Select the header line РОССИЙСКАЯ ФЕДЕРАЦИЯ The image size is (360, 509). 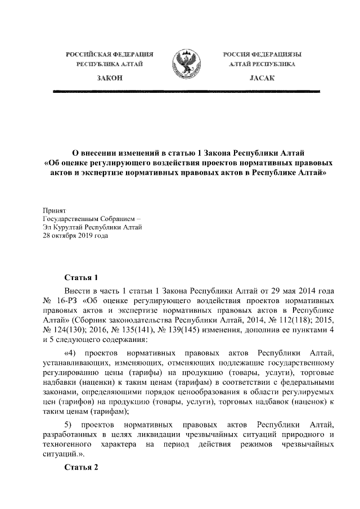(x=110, y=54)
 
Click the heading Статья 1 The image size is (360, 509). (x=82, y=277)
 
